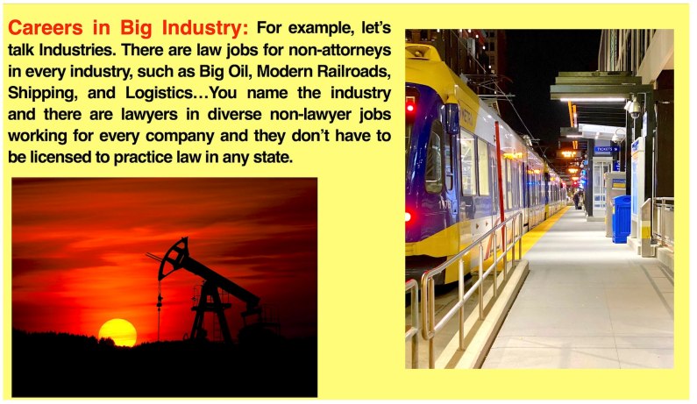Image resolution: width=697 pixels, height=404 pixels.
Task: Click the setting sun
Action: tap(117, 332)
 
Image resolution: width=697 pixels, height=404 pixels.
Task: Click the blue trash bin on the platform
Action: tap(622, 218)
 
